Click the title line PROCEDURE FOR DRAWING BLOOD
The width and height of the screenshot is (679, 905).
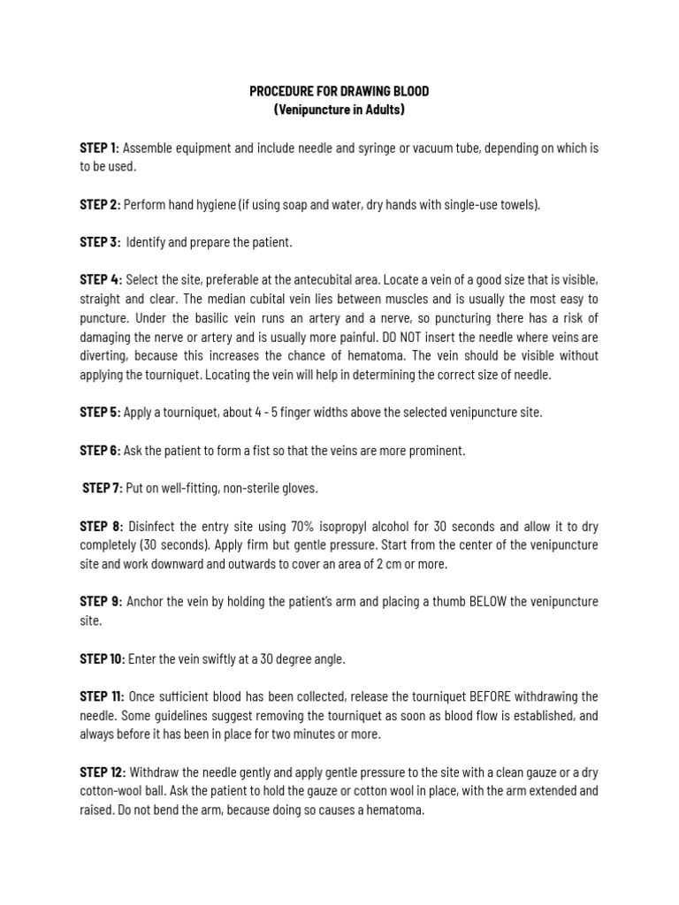pyautogui.click(x=339, y=91)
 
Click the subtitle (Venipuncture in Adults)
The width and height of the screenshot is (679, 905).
pyautogui.click(x=339, y=110)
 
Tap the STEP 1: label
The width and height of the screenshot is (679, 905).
pyautogui.click(x=99, y=148)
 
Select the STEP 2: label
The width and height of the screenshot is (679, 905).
pyautogui.click(x=99, y=204)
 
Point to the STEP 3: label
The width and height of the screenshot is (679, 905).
pyautogui.click(x=99, y=242)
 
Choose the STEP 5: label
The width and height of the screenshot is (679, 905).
pyautogui.click(x=99, y=412)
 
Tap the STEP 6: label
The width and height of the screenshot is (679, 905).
pyautogui.click(x=99, y=451)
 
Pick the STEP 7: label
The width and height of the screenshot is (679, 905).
pyautogui.click(x=103, y=488)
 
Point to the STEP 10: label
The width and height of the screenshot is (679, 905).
pyautogui.click(x=102, y=658)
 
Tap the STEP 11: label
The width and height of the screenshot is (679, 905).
pyautogui.click(x=102, y=696)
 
